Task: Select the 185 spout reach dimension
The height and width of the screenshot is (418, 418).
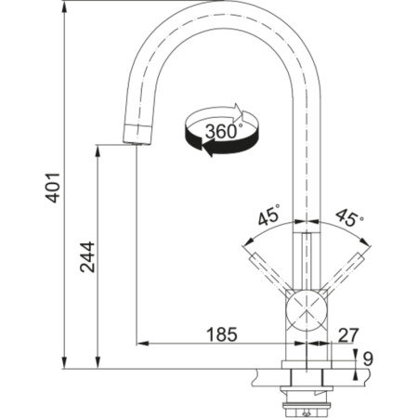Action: tap(221, 333)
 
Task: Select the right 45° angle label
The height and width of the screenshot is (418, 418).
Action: tap(349, 219)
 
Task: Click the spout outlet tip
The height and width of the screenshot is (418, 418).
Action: tap(134, 137)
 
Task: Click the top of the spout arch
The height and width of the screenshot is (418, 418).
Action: tap(223, 17)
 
